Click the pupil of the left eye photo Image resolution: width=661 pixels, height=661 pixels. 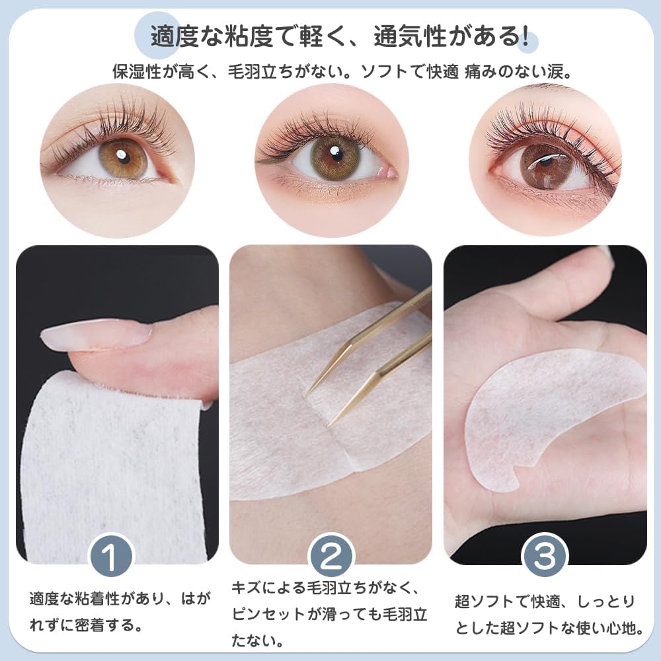pos(122,157)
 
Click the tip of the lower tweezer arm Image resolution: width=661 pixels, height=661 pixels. pos(331,422)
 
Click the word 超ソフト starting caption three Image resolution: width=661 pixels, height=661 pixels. pos(481,602)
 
